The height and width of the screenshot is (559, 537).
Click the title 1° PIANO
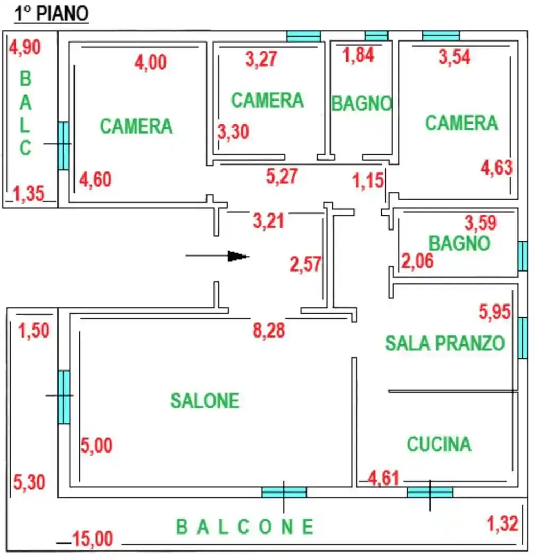51,14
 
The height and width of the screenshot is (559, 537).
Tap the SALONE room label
205,400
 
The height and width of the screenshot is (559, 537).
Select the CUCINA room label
439,444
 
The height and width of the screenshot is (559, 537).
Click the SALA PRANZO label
444,343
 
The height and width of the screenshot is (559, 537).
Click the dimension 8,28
269,330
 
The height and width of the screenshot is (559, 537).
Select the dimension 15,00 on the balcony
93,539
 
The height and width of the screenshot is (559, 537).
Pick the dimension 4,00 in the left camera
150,62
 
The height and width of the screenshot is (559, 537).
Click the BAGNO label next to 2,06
459,243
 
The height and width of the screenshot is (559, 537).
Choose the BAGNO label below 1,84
361,103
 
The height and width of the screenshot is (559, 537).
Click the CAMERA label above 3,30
267,100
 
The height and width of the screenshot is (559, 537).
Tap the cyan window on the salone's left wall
64,397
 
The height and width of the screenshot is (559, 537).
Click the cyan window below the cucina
430,492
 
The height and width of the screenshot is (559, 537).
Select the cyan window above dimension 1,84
376,36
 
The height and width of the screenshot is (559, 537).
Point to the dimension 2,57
306,264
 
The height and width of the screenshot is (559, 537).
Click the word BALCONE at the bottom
245,527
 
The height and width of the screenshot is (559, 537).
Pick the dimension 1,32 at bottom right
502,523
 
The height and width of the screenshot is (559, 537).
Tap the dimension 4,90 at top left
25,47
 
